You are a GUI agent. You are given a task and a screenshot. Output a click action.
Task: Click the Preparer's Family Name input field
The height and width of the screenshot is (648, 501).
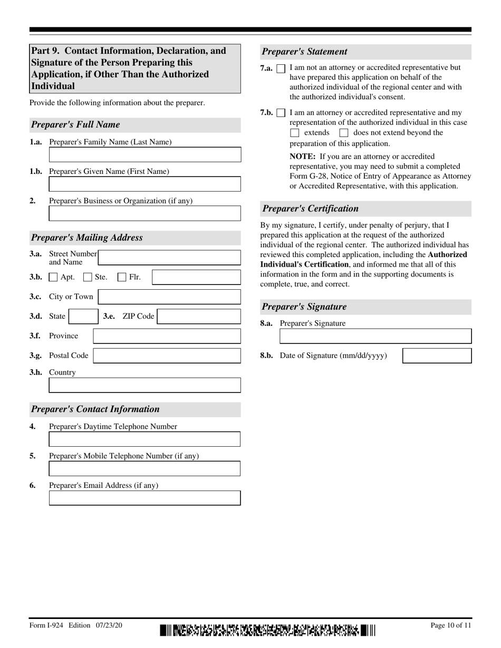click(x=144, y=154)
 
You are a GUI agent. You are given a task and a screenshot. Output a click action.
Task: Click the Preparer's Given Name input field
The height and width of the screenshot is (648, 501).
click(x=144, y=184)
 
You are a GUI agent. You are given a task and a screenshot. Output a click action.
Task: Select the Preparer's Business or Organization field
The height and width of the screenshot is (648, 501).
click(x=144, y=213)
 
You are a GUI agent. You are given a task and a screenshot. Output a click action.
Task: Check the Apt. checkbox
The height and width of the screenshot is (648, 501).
click(x=53, y=277)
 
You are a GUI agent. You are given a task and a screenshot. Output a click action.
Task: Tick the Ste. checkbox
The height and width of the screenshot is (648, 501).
click(x=88, y=277)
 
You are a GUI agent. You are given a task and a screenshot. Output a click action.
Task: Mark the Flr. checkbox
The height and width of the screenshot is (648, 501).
click(x=122, y=277)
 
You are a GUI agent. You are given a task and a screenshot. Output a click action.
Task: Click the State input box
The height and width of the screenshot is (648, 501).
click(x=83, y=316)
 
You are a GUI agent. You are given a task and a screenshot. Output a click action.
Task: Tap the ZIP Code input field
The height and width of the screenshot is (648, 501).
click(x=199, y=316)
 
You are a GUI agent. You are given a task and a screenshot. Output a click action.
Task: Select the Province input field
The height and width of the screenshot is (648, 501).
click(x=167, y=336)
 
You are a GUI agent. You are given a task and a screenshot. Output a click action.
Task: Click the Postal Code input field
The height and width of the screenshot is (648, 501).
click(x=167, y=356)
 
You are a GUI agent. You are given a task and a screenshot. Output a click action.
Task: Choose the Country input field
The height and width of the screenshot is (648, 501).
click(x=144, y=385)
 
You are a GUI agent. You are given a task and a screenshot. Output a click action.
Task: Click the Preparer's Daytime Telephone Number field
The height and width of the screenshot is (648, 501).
click(x=144, y=439)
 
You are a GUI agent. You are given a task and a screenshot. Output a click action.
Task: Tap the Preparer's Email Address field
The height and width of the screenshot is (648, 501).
click(x=144, y=498)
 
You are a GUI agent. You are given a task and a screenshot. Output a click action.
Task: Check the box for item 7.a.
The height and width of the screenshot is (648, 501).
click(x=281, y=68)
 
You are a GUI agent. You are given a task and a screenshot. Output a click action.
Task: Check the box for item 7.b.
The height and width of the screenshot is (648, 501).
click(x=281, y=113)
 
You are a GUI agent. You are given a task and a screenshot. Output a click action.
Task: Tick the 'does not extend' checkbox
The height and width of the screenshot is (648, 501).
click(x=344, y=133)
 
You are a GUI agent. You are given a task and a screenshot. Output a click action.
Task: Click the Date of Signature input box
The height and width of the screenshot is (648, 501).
click(x=437, y=356)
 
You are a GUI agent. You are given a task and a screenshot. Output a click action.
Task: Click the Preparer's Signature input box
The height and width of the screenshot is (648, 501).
click(x=375, y=336)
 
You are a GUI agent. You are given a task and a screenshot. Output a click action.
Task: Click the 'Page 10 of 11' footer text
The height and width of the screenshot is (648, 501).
click(x=451, y=625)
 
